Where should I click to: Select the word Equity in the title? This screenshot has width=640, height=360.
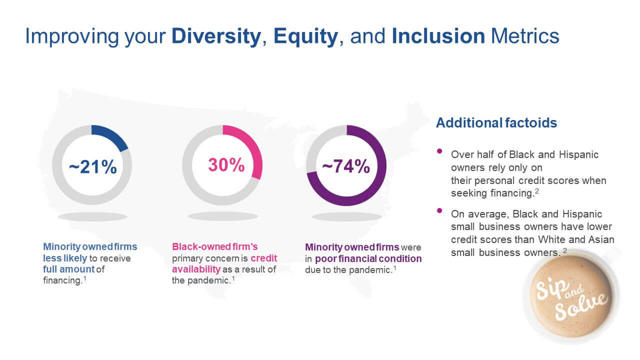coord(305,36)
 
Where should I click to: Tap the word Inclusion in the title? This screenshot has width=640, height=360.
coord(438,36)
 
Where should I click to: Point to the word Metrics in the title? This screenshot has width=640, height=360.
coord(525,36)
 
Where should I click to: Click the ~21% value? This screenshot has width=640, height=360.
coord(92,167)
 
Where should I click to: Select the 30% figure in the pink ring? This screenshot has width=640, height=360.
coord(226,165)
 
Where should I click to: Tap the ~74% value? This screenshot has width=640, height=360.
coord(346,166)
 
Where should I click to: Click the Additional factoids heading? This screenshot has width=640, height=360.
coord(496,122)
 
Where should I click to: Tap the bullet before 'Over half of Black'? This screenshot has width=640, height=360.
coord(440,151)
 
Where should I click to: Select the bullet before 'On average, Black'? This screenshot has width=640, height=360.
coord(440,210)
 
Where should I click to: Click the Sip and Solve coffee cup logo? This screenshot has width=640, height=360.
coord(570,296)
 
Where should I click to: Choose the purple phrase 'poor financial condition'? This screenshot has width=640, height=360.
coord(368,258)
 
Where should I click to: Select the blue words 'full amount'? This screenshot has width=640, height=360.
coord(68,269)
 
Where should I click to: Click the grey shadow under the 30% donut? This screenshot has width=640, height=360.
coord(222,216)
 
